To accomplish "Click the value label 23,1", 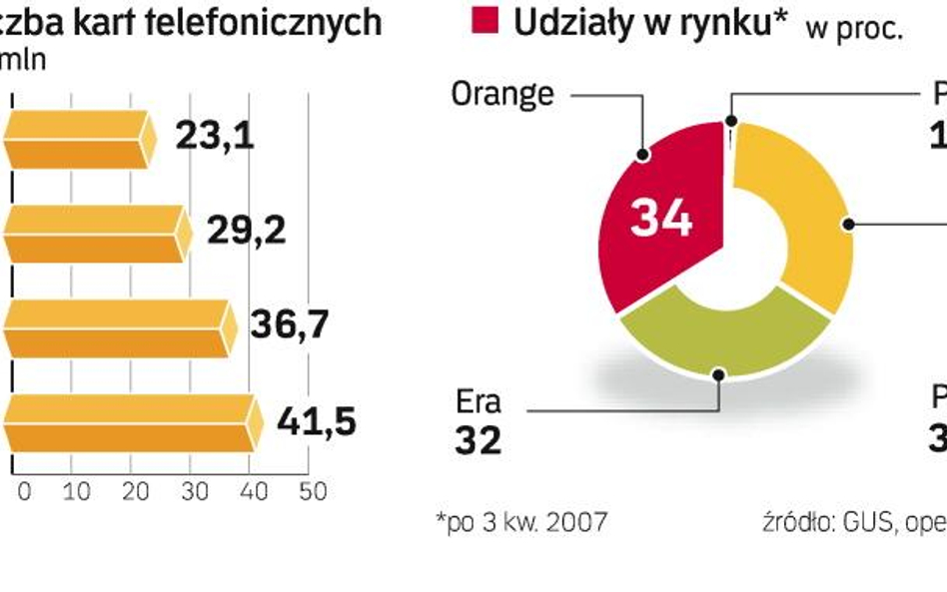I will pos(214,136).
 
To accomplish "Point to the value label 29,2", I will pos(246,231).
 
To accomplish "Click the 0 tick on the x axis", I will pos(24,491).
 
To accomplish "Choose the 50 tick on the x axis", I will pos(313,491).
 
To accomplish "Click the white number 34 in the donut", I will pos(661,219).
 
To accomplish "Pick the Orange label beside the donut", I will pos(501,94).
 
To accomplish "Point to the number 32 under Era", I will pos(477,440).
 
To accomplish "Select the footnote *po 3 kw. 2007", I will pos(520,521).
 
